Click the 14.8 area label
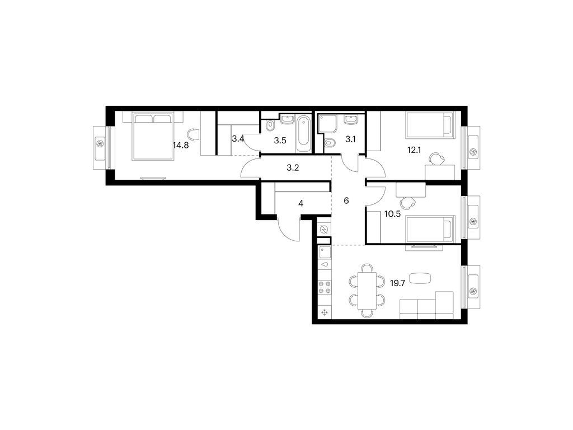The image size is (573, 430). pyautogui.click(x=181, y=146)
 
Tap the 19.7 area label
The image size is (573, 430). pyautogui.click(x=398, y=283)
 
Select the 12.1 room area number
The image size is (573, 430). pyautogui.click(x=414, y=150)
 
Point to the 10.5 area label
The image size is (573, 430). pyautogui.click(x=392, y=214)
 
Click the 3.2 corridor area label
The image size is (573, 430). pyautogui.click(x=293, y=169)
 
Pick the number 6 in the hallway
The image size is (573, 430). pyautogui.click(x=346, y=201)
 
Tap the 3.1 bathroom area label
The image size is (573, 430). pyautogui.click(x=350, y=139)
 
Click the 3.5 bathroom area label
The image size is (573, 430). pyautogui.click(x=280, y=141)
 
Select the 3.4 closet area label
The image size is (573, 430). pyautogui.click(x=238, y=139)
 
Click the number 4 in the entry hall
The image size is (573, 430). pyautogui.click(x=300, y=204)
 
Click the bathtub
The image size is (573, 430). pyautogui.click(x=303, y=134)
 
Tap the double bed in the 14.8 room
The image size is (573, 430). pyautogui.click(x=153, y=136)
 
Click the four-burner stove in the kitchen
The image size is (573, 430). pyautogui.click(x=325, y=287)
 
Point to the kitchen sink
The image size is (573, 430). pyautogui.click(x=325, y=253)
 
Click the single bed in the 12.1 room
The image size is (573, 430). pyautogui.click(x=430, y=125)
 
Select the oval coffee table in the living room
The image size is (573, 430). pyautogui.click(x=420, y=278)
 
